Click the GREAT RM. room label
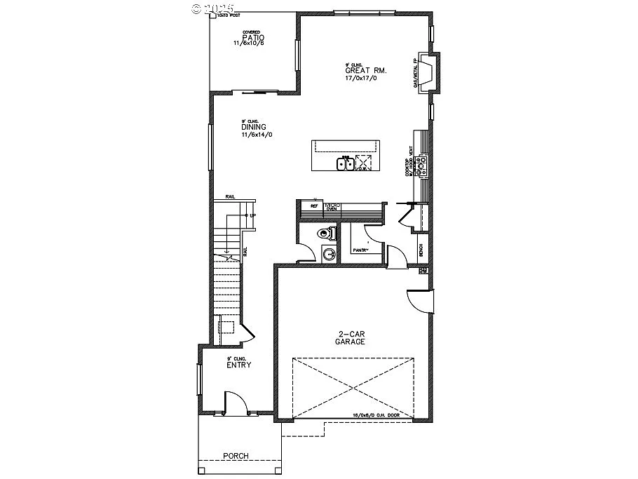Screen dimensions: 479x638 pyautogui.click(x=366, y=71)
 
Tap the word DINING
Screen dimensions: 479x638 pyautogui.click(x=253, y=127)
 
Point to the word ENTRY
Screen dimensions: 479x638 pyautogui.click(x=238, y=365)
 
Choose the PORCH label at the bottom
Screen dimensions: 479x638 pyautogui.click(x=236, y=456)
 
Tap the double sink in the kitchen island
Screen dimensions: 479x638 pyautogui.click(x=344, y=164)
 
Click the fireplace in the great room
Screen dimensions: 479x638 pyautogui.click(x=427, y=72)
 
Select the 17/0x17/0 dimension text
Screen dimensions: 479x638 pyautogui.click(x=361, y=79)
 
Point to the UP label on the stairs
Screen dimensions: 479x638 pyautogui.click(x=250, y=215)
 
